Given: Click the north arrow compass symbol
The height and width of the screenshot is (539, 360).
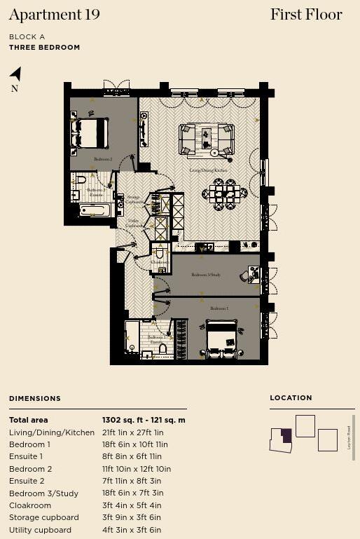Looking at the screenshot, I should point(15,74).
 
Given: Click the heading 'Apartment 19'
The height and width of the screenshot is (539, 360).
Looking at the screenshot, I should point(55,15).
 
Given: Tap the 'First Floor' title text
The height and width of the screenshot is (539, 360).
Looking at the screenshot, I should point(306,15).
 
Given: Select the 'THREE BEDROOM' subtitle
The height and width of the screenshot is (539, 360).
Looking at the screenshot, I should point(44,48).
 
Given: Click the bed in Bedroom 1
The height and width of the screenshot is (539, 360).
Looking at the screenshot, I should point(224,338).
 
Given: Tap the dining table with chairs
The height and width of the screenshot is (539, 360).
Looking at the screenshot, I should point(224,193).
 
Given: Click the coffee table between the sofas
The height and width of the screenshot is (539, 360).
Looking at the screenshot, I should point(207,139).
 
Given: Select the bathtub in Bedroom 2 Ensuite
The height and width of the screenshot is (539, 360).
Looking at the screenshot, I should point(94,210).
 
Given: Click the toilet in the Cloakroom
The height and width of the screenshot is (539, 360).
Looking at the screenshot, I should point(160,253).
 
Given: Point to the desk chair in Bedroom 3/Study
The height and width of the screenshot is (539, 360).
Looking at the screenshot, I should point(245,276).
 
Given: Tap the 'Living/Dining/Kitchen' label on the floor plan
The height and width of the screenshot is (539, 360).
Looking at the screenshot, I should point(209,170).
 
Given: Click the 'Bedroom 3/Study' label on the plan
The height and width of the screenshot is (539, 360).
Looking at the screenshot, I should point(206,275).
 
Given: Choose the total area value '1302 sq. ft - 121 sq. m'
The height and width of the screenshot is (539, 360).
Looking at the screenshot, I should point(144,420).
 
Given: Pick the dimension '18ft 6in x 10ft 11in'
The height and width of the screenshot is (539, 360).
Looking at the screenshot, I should point(134,444).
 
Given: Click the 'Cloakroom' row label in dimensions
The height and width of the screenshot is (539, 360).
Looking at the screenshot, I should point(30,505).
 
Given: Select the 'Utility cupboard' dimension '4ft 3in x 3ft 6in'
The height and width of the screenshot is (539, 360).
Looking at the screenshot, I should point(132,530).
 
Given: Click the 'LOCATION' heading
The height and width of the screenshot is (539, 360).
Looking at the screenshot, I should point(291,397).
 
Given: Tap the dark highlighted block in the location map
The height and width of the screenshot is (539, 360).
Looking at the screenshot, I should point(286,435).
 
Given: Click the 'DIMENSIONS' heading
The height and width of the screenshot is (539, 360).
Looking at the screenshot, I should point(35,398).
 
